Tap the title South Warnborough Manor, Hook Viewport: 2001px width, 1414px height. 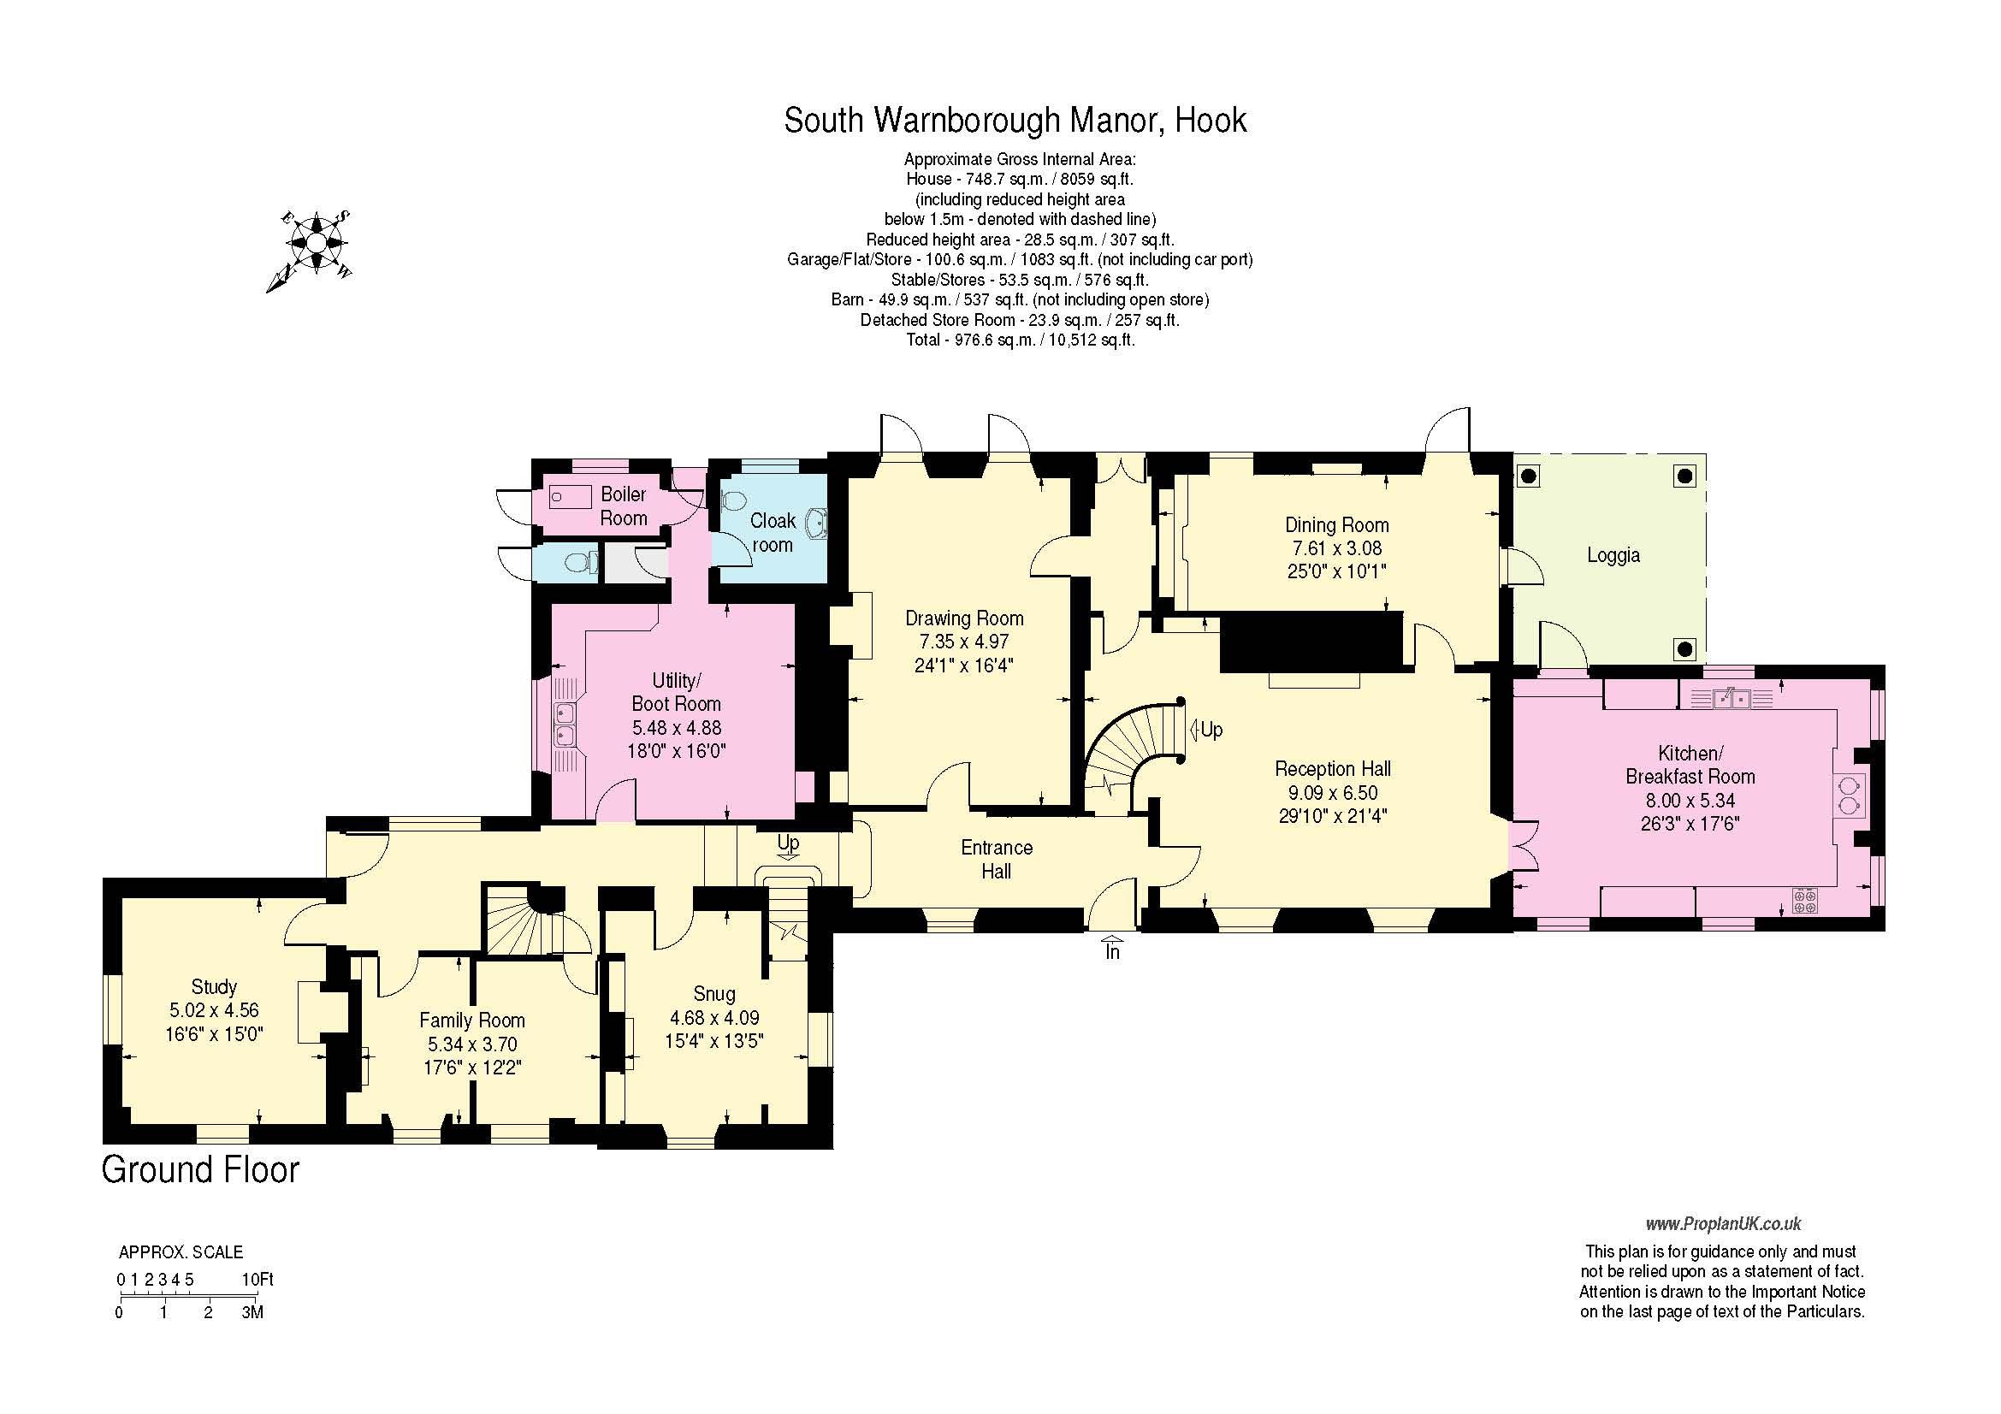1015,121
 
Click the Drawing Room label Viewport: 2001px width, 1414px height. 964,618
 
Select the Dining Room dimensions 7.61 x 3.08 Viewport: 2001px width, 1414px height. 1336,548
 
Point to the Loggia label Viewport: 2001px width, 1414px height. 1613,555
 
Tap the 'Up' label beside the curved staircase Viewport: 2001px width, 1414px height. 1205,729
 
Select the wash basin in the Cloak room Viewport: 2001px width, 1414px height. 816,523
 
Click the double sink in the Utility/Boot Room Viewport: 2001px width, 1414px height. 565,725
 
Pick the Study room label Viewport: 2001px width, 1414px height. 214,986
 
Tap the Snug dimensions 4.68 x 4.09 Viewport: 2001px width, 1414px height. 713,1018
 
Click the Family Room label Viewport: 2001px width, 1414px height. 471,1021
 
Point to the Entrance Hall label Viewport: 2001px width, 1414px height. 996,859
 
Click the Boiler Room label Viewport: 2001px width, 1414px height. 624,506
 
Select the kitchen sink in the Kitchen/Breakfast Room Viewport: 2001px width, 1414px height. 1732,697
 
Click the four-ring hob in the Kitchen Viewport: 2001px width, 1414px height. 1805,900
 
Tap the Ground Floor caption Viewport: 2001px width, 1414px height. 200,1170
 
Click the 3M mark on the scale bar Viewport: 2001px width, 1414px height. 252,1312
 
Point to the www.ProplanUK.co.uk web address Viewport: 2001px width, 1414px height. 1723,1224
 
